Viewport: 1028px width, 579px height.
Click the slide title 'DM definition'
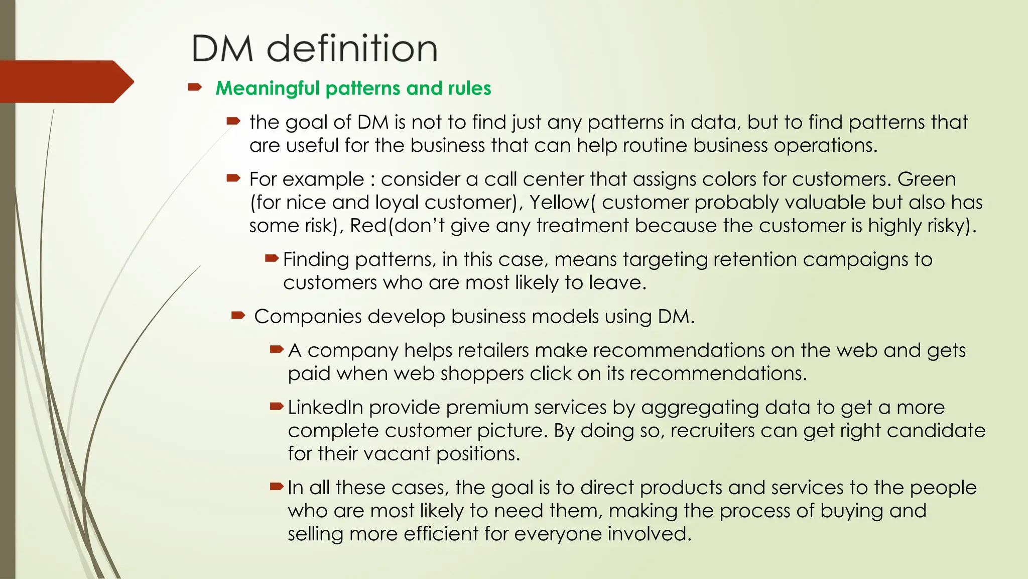(315, 48)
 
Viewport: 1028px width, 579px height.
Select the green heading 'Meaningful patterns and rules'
(353, 88)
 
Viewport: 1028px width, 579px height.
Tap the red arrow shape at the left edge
(65, 81)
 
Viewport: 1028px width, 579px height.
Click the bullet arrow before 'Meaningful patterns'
(195, 88)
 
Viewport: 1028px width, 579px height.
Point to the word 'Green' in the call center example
(927, 179)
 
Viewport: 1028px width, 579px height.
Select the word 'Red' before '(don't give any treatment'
(368, 226)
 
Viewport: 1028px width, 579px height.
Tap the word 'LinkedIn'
(325, 408)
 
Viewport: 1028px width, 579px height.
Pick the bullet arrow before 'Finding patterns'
(272, 259)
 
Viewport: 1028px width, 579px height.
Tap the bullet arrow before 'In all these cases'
(277, 487)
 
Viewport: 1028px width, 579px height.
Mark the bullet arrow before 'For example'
(233, 178)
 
